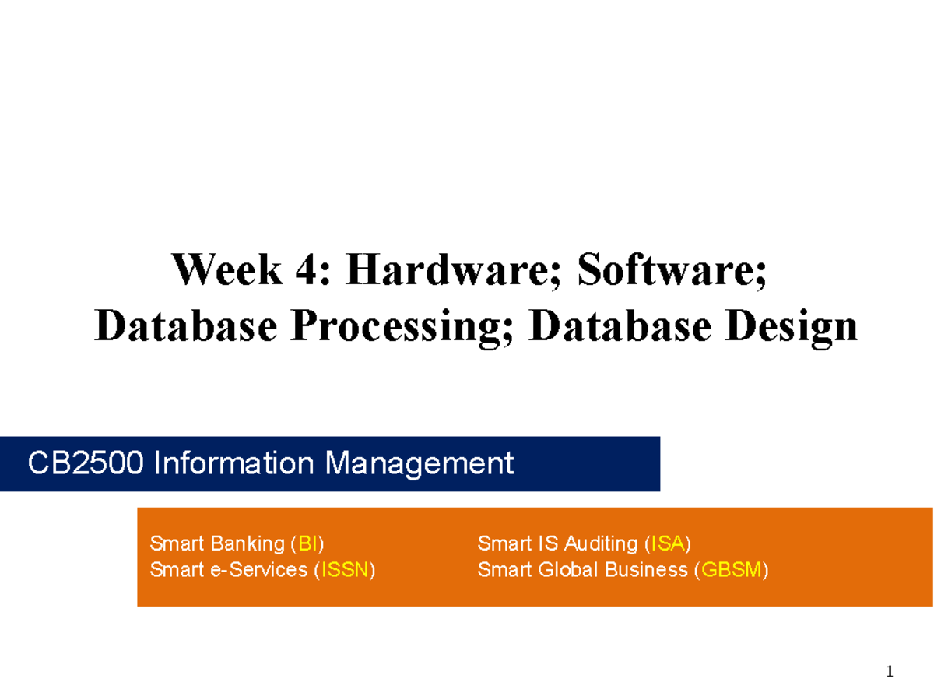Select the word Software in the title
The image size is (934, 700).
671,269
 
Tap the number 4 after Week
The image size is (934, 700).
306,269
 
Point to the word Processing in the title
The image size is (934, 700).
402,327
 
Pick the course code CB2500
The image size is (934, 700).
85,463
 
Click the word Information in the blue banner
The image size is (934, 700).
233,463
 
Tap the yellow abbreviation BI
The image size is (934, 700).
307,543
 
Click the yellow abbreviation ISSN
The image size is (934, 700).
345,570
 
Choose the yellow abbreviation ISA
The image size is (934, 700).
667,543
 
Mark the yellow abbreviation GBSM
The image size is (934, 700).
731,570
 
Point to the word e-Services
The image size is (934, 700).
258,570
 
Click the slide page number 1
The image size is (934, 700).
890,671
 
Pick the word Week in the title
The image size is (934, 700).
226,269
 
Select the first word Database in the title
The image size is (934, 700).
185,325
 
